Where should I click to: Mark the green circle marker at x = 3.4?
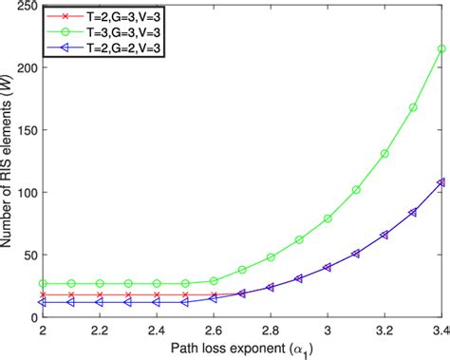coord(441,49)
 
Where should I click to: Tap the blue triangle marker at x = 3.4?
coord(441,182)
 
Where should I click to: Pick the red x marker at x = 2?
coord(43,295)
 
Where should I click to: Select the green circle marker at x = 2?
coord(43,283)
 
